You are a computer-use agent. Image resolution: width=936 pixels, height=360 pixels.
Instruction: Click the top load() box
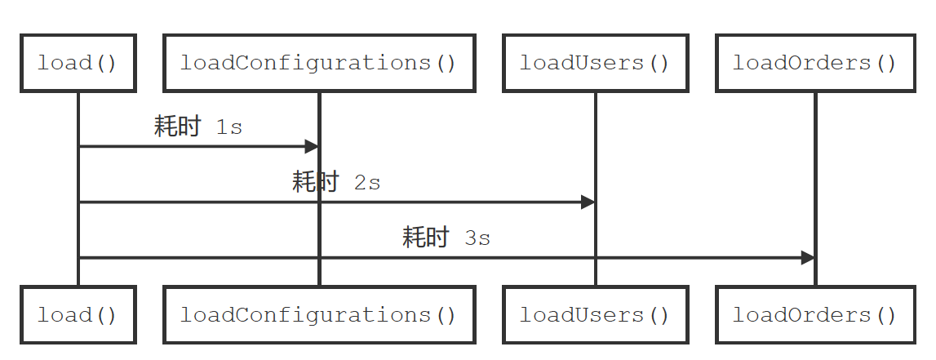[78, 63]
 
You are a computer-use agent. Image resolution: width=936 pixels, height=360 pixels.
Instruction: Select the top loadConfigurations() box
[318, 63]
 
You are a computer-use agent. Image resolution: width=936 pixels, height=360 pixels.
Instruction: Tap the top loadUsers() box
[595, 63]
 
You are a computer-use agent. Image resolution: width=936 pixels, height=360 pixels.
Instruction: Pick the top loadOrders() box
[814, 63]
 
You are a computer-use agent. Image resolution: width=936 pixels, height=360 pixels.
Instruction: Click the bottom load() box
[78, 314]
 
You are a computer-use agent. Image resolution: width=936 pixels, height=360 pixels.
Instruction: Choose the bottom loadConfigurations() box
[318, 314]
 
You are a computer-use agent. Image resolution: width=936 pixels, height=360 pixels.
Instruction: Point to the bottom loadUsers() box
[595, 314]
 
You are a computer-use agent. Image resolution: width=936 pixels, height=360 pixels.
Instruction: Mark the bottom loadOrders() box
[814, 314]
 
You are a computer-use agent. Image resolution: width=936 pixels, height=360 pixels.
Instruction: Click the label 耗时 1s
[198, 127]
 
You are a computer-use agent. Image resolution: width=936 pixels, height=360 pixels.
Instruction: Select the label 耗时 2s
[336, 182]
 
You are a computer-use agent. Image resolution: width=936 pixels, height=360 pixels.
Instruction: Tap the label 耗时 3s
[446, 238]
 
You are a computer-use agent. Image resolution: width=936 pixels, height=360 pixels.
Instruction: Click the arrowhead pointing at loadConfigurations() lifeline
[311, 147]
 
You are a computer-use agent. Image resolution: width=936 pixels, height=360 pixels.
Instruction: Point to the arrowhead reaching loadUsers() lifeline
[588, 202]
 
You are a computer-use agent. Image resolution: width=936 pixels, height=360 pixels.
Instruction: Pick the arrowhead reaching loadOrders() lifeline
[807, 258]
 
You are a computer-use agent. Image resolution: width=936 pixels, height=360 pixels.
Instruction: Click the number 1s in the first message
[229, 128]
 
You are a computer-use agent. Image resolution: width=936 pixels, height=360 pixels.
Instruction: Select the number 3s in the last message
[477, 238]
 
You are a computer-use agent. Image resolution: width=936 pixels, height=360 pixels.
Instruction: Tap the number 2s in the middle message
[367, 183]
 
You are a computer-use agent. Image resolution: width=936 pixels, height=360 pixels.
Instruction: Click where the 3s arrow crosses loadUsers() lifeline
[595, 258]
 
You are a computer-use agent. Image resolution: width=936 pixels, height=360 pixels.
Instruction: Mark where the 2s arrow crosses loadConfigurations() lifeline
[318, 202]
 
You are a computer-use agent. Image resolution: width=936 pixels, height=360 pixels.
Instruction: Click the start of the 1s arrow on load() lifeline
[79, 147]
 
